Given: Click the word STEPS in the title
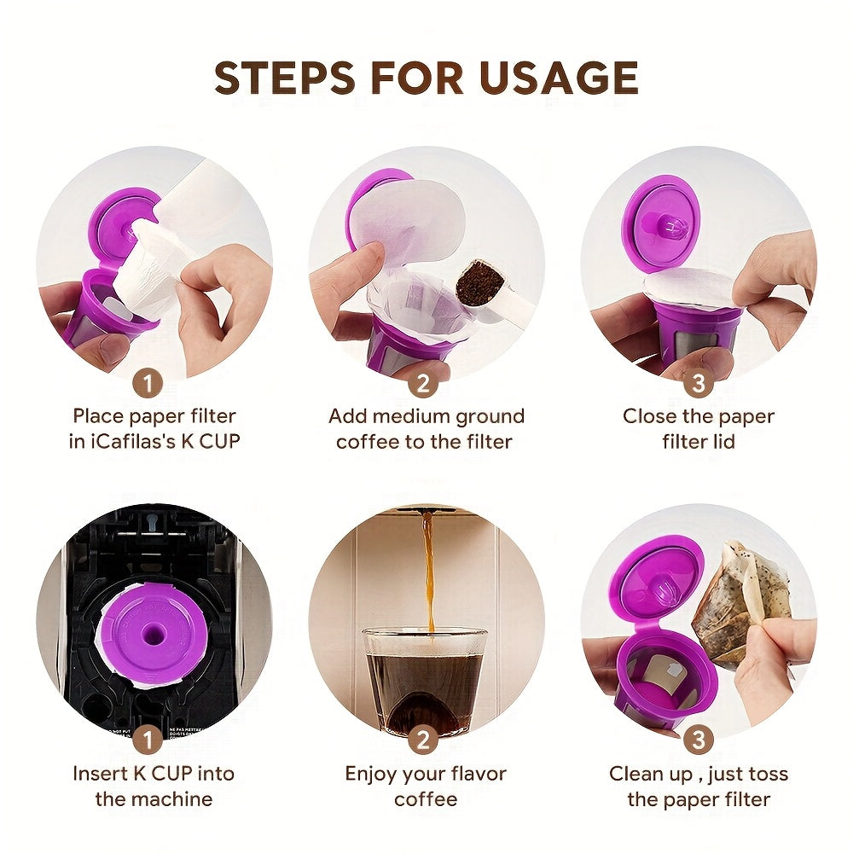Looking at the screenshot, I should [284, 78].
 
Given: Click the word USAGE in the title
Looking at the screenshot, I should [559, 78].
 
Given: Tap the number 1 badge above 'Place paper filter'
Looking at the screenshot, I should [148, 384].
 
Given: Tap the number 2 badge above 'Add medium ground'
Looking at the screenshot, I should [424, 384].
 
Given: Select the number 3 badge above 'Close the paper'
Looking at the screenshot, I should [699, 384].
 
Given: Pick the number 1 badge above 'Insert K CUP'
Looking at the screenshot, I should [148, 740].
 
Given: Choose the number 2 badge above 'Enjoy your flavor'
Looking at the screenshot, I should [424, 740].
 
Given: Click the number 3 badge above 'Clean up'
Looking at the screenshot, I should [699, 740].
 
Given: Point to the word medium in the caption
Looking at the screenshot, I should [415, 416].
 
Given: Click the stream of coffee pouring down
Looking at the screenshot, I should [427, 572].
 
